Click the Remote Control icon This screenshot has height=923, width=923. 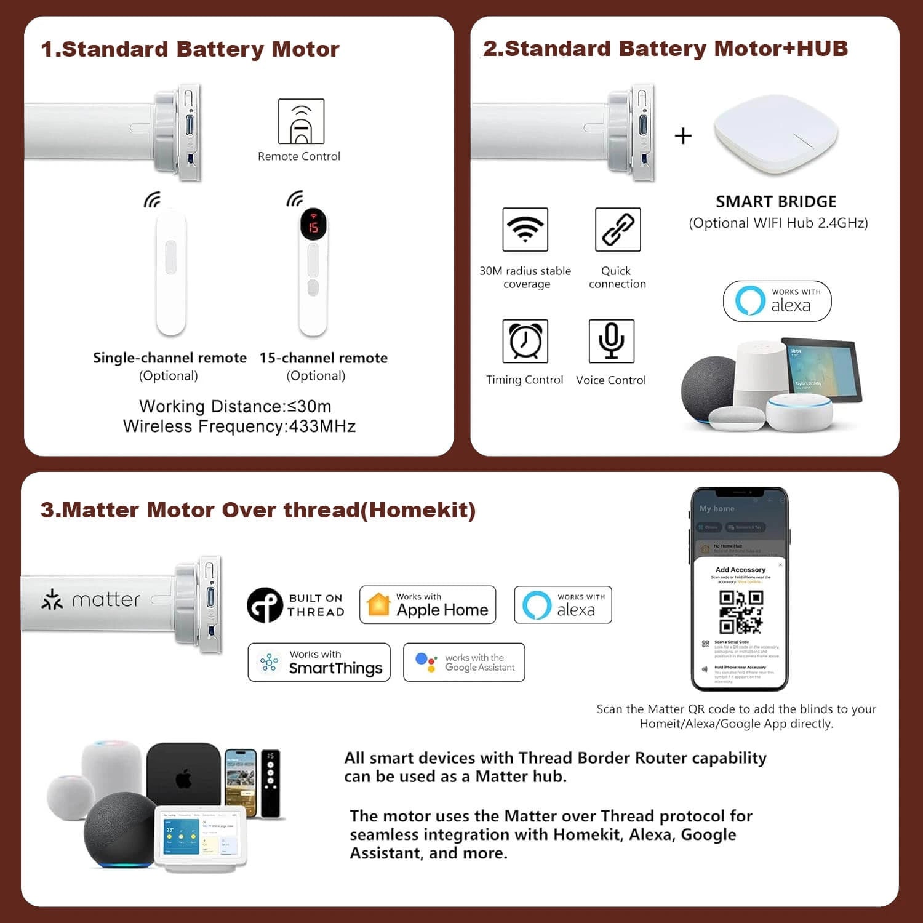(301, 121)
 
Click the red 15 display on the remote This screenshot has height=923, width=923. (313, 226)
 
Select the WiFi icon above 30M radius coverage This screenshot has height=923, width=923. (525, 230)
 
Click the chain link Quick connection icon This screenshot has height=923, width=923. (618, 230)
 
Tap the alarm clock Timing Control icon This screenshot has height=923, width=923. (525, 341)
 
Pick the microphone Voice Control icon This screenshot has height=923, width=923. (611, 341)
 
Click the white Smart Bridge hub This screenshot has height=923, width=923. (776, 135)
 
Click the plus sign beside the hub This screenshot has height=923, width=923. (683, 135)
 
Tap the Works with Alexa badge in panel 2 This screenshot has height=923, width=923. (777, 301)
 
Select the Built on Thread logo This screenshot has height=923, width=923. (296, 605)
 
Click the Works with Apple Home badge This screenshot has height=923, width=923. (428, 605)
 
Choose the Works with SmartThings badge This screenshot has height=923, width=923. (319, 662)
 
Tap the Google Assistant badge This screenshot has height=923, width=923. (464, 662)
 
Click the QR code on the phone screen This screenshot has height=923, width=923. (741, 612)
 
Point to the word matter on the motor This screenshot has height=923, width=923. (106, 599)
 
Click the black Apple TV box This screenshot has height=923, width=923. (183, 773)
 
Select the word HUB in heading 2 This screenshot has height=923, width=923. (822, 49)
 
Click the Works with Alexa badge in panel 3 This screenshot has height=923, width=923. (563, 605)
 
